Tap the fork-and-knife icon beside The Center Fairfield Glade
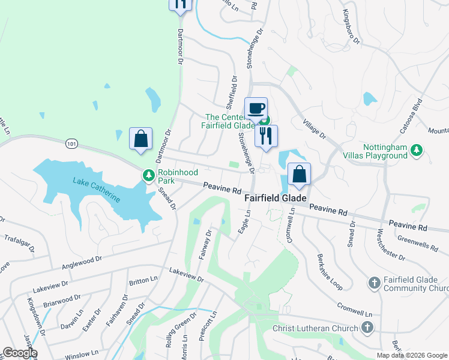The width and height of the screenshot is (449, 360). [266, 135]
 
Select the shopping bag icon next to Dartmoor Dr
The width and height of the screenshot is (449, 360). [140, 139]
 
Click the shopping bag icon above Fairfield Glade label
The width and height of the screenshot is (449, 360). [299, 175]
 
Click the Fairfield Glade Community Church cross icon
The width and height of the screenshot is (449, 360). [374, 282]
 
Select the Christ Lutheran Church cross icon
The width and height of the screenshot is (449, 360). [367, 328]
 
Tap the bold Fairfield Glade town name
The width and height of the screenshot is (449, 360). [276, 197]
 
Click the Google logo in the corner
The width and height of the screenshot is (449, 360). [20, 353]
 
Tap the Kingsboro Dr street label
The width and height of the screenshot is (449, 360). [351, 27]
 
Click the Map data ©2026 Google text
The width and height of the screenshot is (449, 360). [412, 355]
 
